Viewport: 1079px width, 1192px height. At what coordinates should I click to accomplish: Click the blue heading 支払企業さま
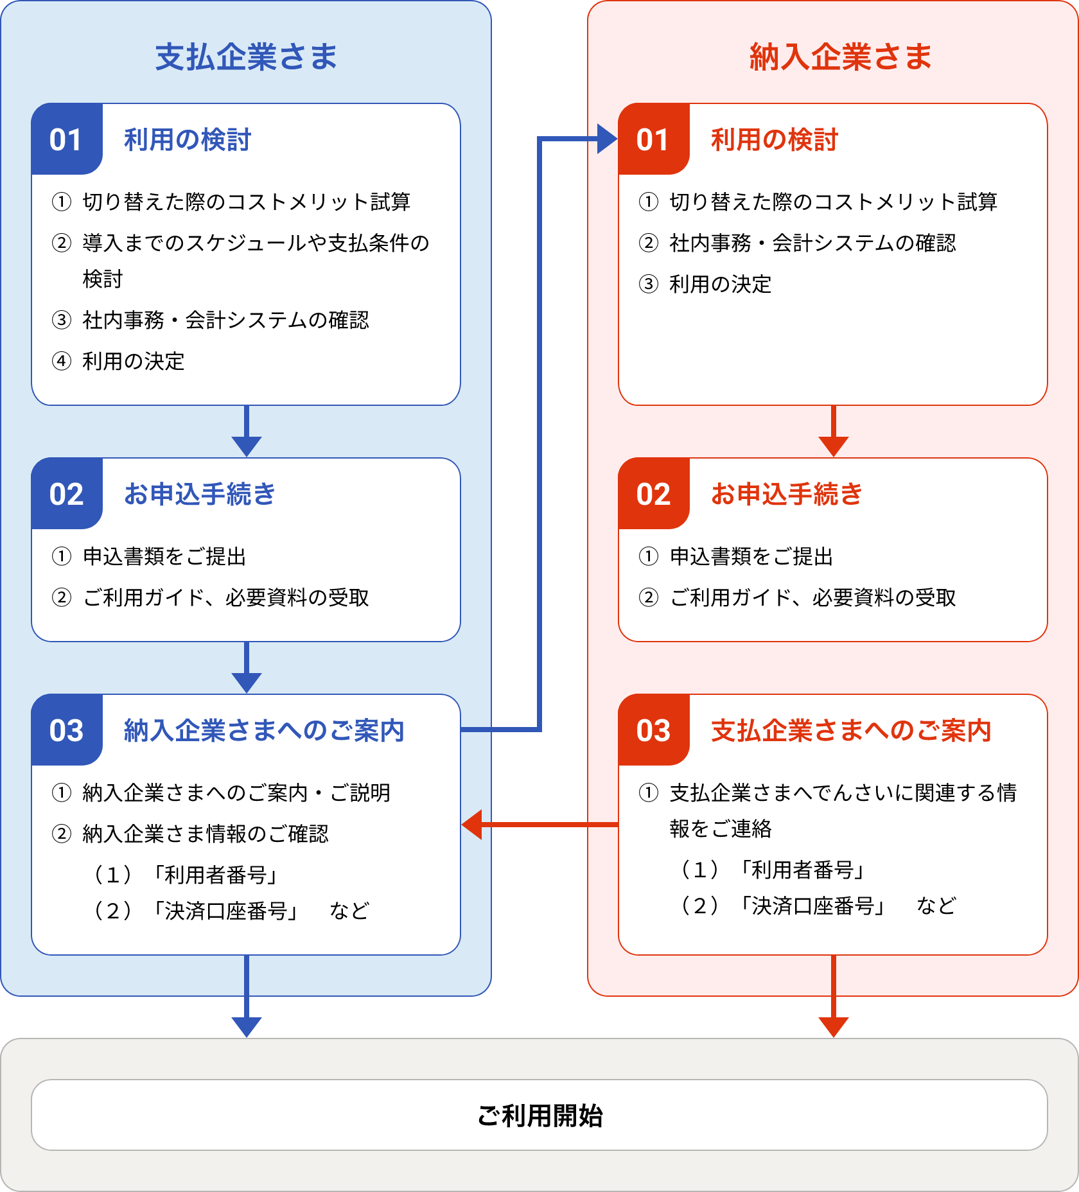coord(246,57)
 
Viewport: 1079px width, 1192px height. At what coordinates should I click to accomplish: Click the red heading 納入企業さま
coord(841,57)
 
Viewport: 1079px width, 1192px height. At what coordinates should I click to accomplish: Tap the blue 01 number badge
coord(67,139)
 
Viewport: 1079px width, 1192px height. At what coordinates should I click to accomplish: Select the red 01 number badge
coord(654,139)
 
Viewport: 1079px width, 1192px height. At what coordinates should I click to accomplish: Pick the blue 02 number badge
coord(67,493)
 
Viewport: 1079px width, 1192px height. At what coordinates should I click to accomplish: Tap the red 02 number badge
coord(654,493)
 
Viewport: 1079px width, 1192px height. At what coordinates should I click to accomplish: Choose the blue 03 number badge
coord(67,730)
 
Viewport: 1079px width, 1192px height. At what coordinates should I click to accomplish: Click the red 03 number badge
coord(654,730)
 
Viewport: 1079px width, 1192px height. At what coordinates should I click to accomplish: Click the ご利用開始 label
coord(539,1116)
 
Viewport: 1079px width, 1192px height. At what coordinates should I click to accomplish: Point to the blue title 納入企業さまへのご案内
coord(264,730)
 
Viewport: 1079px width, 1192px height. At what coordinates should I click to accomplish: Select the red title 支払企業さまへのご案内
coord(851,730)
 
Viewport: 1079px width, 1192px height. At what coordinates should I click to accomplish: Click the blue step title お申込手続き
coord(199,494)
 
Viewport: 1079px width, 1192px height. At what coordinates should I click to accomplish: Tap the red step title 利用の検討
coord(774,139)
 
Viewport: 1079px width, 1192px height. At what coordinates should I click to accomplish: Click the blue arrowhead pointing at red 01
coord(607,139)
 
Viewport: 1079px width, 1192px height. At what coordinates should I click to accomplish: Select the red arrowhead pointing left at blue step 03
coord(472,825)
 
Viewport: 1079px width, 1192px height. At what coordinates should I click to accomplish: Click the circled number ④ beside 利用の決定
coord(61,361)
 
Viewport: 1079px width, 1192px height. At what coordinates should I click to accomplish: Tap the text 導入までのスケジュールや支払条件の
coord(256,243)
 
